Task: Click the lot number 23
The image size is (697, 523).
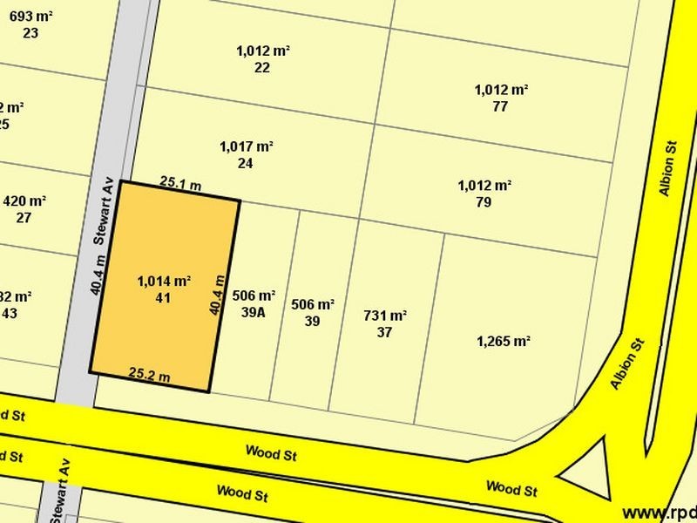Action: point(31,33)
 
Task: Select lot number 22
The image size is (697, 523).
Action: point(262,67)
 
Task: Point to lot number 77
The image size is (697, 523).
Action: point(500,106)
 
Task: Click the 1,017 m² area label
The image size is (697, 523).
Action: point(247,146)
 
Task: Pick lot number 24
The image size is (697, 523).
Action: point(245,163)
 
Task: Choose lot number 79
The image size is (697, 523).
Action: point(484,202)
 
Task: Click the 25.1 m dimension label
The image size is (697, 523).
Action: point(181,183)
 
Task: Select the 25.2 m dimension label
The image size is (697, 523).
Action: point(150,375)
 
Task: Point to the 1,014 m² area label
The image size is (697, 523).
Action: point(164,281)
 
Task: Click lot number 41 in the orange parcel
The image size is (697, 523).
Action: point(163,298)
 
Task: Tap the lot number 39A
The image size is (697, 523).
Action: point(254,313)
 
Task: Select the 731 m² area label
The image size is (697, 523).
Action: point(385,316)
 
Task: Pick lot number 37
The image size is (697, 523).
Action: point(384,332)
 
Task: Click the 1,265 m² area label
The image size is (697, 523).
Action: point(504,341)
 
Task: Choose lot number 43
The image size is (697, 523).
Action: point(10,313)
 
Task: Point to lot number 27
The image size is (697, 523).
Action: point(24,218)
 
